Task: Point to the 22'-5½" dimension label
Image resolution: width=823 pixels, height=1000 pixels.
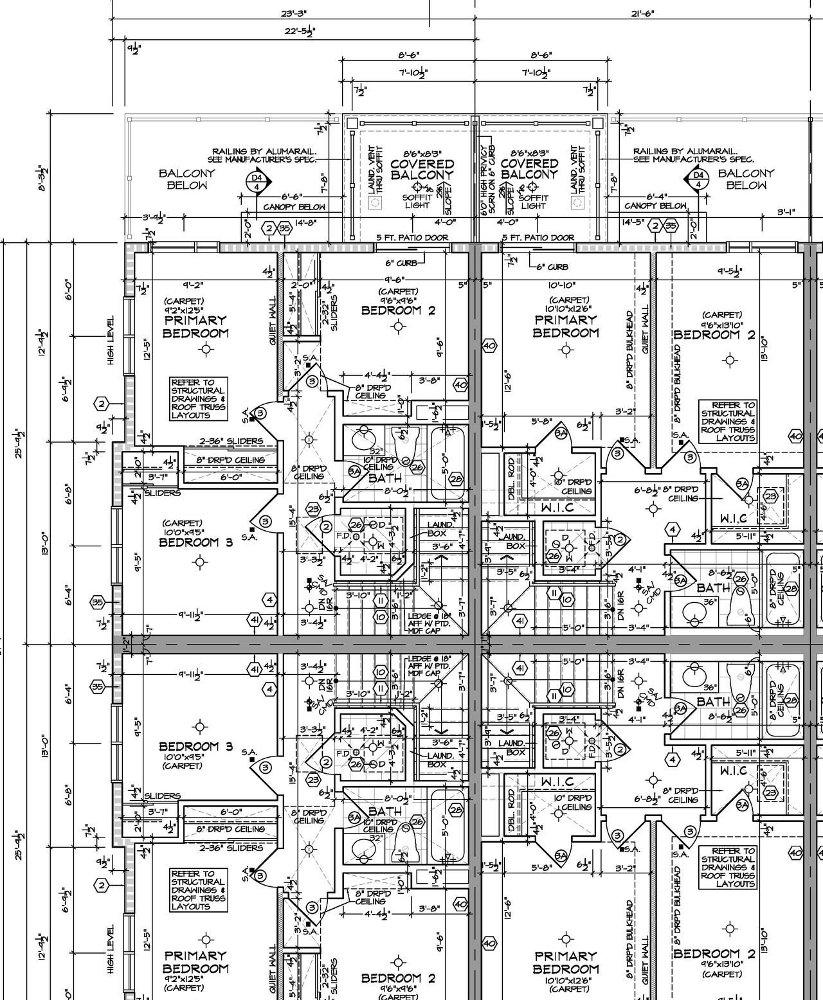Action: coord(300,31)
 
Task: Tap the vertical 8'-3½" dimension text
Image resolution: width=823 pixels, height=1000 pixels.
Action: coord(43,179)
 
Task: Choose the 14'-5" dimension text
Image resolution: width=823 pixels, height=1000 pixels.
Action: coord(633,222)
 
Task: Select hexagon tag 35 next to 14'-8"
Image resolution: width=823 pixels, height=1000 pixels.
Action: coord(285,229)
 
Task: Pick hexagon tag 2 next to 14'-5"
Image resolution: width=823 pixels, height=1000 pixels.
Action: coord(655,226)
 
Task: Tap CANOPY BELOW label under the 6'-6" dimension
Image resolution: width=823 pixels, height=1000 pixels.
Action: coord(294,208)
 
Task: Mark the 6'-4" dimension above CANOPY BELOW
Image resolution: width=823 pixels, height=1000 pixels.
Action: coord(658,197)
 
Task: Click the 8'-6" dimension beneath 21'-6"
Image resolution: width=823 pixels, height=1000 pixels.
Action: coord(541,56)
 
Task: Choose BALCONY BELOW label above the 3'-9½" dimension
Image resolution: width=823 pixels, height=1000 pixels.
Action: coord(187,179)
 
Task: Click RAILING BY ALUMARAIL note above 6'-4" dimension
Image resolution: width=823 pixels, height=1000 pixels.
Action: coord(693,155)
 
